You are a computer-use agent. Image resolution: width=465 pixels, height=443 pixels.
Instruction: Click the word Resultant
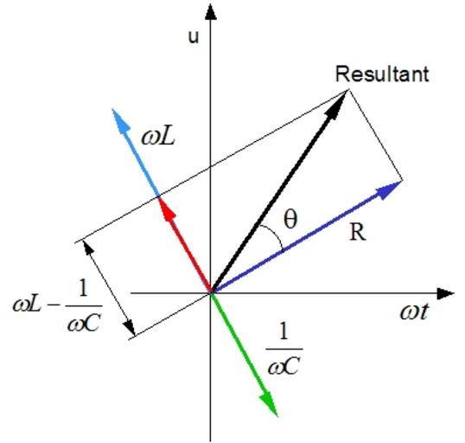click(x=382, y=74)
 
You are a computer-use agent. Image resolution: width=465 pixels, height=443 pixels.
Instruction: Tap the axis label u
click(x=194, y=37)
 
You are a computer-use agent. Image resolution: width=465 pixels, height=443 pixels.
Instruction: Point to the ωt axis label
click(x=414, y=311)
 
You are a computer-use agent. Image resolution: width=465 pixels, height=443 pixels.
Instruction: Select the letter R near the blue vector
click(x=358, y=232)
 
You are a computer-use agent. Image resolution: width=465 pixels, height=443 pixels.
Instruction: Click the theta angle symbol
click(x=290, y=219)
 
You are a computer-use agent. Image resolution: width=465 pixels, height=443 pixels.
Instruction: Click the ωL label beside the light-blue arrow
click(x=158, y=138)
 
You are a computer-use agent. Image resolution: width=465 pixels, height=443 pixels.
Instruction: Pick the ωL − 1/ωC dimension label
click(x=57, y=305)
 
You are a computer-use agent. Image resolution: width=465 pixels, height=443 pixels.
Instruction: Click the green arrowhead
click(x=269, y=404)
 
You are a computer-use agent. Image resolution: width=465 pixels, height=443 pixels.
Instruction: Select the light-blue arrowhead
click(x=120, y=120)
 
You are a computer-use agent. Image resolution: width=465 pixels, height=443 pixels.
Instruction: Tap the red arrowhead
click(x=166, y=209)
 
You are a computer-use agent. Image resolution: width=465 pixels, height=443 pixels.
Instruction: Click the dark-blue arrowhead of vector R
click(x=388, y=189)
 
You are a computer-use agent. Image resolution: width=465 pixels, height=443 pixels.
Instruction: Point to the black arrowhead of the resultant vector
click(x=336, y=105)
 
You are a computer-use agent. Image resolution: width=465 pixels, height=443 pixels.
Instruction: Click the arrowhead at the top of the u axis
click(x=211, y=12)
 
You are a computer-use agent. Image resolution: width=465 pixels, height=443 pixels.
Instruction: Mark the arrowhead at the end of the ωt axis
click(x=445, y=293)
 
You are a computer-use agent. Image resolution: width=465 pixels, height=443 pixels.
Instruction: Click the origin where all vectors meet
click(x=211, y=293)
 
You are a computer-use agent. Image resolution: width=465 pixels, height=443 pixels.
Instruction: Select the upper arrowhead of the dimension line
click(x=88, y=247)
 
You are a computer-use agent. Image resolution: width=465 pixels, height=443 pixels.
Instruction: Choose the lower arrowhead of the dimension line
click(x=130, y=327)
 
